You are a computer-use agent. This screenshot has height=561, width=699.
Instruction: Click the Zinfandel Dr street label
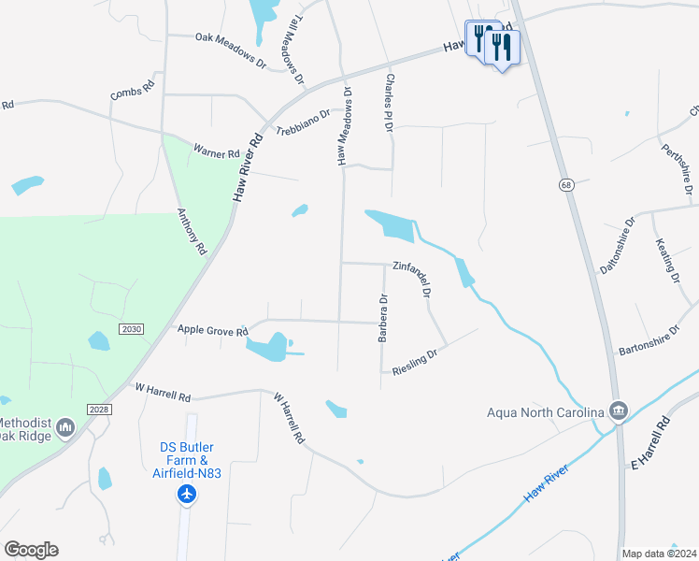(412, 279)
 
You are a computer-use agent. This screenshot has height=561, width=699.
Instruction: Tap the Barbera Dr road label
(382, 318)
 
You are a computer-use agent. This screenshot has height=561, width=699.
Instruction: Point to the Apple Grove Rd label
(212, 330)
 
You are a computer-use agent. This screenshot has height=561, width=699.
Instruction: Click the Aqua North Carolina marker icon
(617, 411)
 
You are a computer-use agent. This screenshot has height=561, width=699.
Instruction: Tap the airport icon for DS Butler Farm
(188, 493)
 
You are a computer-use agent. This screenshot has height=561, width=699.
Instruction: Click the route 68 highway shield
(567, 186)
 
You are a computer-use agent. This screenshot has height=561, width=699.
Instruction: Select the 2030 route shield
(132, 328)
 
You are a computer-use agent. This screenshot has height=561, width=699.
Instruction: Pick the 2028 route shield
(98, 410)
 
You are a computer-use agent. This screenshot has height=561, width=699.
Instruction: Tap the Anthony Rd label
(192, 232)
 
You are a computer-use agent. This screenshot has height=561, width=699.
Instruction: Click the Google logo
(31, 550)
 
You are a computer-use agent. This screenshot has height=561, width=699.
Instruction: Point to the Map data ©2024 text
(659, 554)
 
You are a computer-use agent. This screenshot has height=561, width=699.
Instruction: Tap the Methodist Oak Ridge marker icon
(65, 428)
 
